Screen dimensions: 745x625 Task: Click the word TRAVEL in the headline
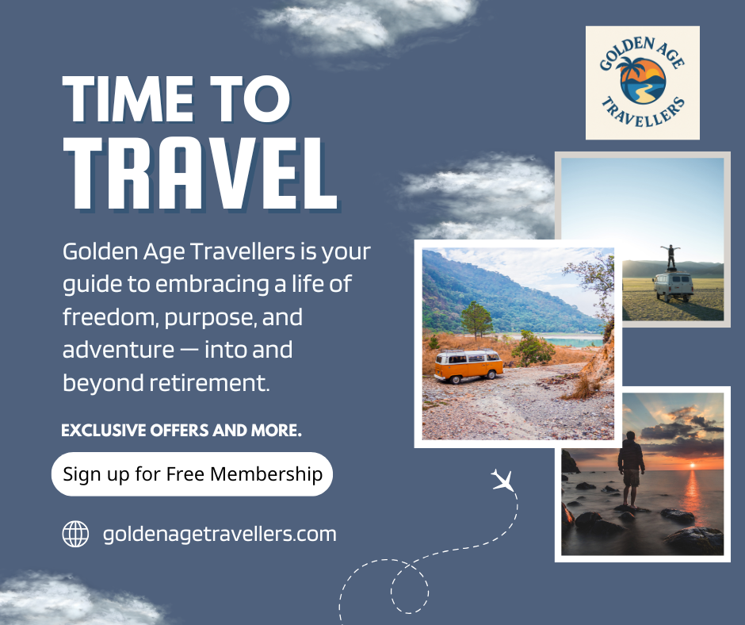(x=201, y=174)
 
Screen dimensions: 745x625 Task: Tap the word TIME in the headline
(x=128, y=99)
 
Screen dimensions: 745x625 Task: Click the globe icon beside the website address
(x=75, y=534)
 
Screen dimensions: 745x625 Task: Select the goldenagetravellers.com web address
(x=220, y=534)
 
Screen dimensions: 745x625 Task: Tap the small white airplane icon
(x=502, y=480)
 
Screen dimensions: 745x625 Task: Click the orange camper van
(x=468, y=366)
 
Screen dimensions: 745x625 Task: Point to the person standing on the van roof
(x=670, y=257)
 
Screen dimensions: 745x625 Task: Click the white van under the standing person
(x=673, y=286)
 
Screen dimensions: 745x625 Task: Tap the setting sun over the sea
(x=692, y=465)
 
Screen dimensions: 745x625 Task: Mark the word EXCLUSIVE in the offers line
(x=104, y=430)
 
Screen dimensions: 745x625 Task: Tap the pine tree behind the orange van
(x=476, y=320)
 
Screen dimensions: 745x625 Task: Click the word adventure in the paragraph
(x=118, y=350)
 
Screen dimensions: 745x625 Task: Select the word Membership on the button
(x=266, y=474)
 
